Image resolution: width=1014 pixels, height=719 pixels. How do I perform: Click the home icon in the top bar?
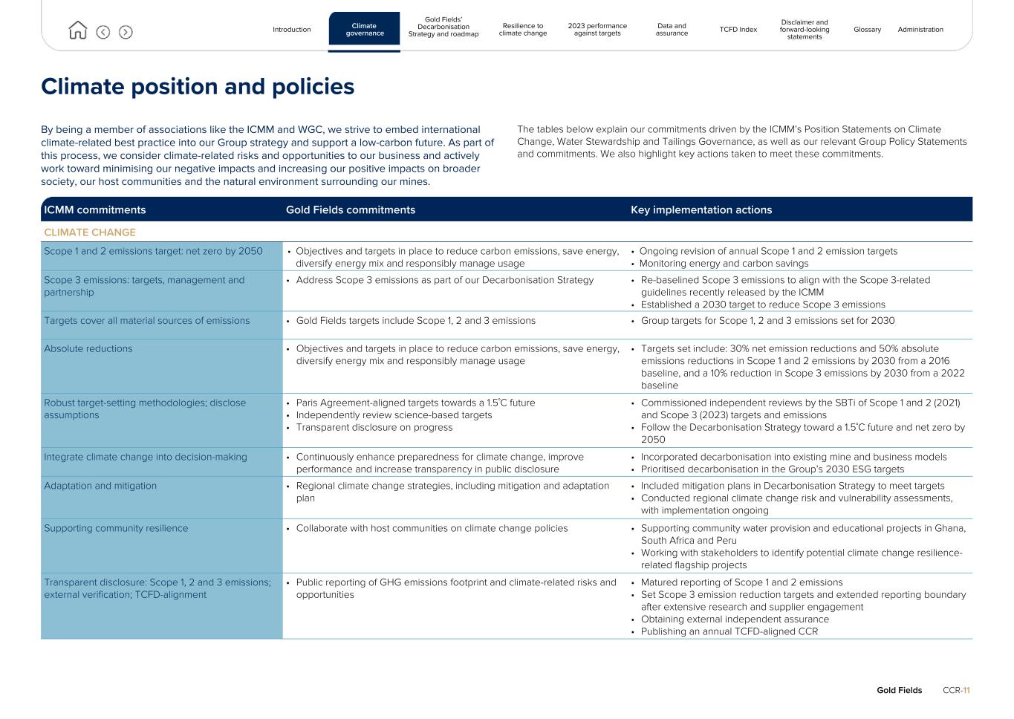click(x=77, y=30)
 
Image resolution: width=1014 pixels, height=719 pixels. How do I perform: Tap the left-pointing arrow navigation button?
click(x=103, y=32)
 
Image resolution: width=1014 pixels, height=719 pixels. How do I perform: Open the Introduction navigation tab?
click(x=291, y=30)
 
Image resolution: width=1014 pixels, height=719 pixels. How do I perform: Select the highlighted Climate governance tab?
click(x=364, y=30)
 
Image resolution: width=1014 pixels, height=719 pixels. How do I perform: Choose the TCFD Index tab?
click(x=738, y=30)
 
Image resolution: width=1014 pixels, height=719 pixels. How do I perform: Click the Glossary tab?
click(x=867, y=30)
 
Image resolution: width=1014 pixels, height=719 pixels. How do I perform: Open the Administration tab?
click(x=920, y=30)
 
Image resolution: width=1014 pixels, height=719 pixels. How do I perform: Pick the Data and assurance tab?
click(x=672, y=30)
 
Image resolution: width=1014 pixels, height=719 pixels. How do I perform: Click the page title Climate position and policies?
click(x=198, y=87)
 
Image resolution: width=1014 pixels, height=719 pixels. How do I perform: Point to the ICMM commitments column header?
click(x=95, y=210)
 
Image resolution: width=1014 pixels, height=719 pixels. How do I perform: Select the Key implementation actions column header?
click(x=701, y=210)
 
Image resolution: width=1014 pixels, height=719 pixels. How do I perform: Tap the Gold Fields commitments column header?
click(x=350, y=210)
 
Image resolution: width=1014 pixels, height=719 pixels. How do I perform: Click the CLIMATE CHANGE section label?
click(x=90, y=232)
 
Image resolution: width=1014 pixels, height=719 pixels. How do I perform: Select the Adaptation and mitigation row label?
click(x=100, y=486)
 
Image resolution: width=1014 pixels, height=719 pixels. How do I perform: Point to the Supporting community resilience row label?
click(x=116, y=529)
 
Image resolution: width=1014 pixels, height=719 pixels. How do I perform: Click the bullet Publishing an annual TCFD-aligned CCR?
click(x=729, y=632)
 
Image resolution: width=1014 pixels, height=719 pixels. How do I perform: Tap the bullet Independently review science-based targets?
click(x=394, y=415)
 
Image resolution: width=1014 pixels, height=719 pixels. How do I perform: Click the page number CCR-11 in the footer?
click(x=956, y=691)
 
